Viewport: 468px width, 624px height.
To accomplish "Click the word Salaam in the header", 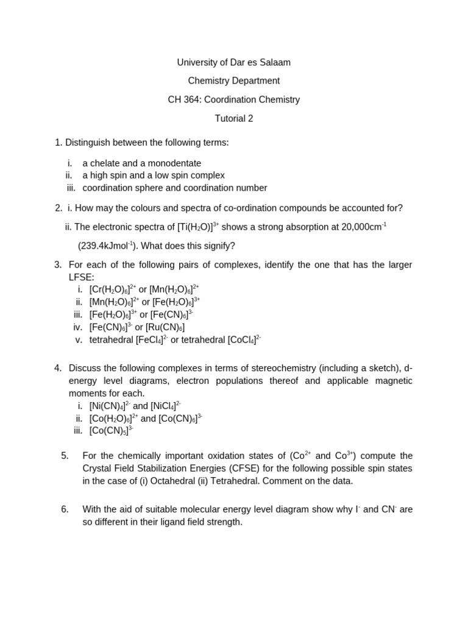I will coord(275,62).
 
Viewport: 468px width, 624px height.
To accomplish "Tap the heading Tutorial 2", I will coord(234,118).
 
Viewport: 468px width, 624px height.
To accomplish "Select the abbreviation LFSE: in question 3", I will coord(82,277).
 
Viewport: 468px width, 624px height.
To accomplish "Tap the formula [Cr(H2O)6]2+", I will coord(113,289).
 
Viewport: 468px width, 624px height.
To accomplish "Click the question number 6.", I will coord(65,509).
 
